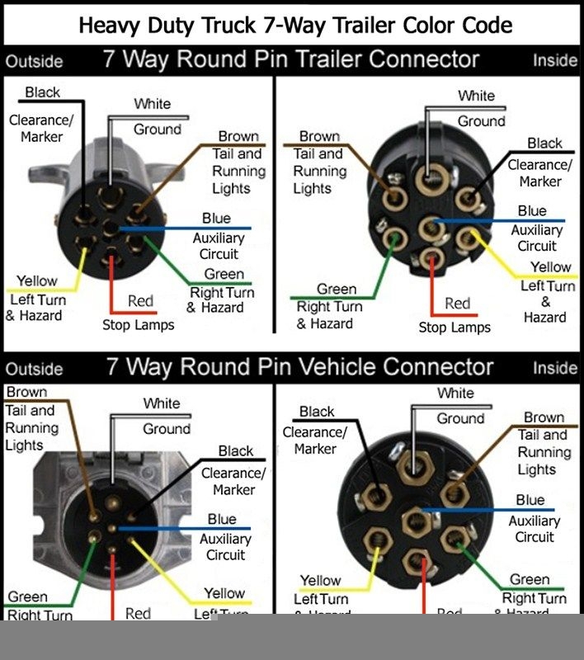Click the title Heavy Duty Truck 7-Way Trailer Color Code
[295, 24]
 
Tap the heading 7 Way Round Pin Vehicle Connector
[299, 366]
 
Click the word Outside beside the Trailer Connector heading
[34, 62]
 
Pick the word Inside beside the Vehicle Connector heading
[555, 368]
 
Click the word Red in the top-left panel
[140, 301]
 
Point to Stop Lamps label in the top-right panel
[454, 328]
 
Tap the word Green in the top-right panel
[337, 290]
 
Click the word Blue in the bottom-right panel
[530, 501]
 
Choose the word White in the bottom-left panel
[161, 403]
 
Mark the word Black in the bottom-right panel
[317, 412]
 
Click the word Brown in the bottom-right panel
[544, 417]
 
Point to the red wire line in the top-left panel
[111, 285]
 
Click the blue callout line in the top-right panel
[503, 221]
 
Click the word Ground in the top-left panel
[157, 130]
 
